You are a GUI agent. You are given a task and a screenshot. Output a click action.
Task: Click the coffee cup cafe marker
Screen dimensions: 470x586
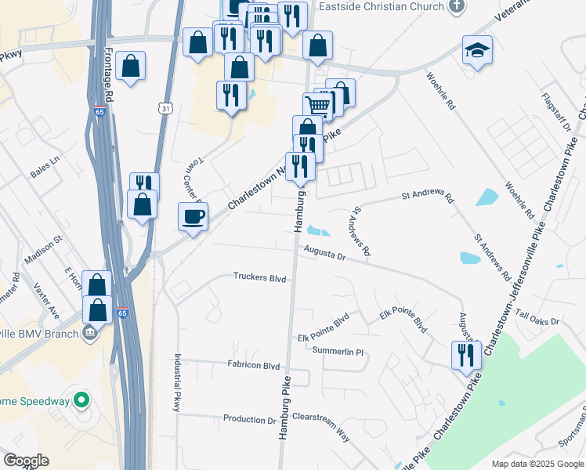click(193, 217)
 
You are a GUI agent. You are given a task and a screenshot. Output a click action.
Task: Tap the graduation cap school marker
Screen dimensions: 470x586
click(477, 51)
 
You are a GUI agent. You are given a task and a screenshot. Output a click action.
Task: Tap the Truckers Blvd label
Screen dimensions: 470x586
click(259, 277)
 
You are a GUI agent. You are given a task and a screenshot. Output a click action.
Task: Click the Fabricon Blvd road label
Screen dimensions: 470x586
click(254, 366)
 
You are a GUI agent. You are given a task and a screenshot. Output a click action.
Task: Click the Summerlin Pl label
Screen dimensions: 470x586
click(338, 352)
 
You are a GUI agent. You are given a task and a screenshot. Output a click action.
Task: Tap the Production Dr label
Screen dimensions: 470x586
click(250, 419)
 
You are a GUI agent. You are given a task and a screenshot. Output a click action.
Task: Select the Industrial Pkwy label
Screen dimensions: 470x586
click(178, 383)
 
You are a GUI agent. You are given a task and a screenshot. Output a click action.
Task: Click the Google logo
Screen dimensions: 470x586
click(26, 461)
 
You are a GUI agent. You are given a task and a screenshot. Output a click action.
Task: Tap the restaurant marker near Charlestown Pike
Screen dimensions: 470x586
click(466, 355)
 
